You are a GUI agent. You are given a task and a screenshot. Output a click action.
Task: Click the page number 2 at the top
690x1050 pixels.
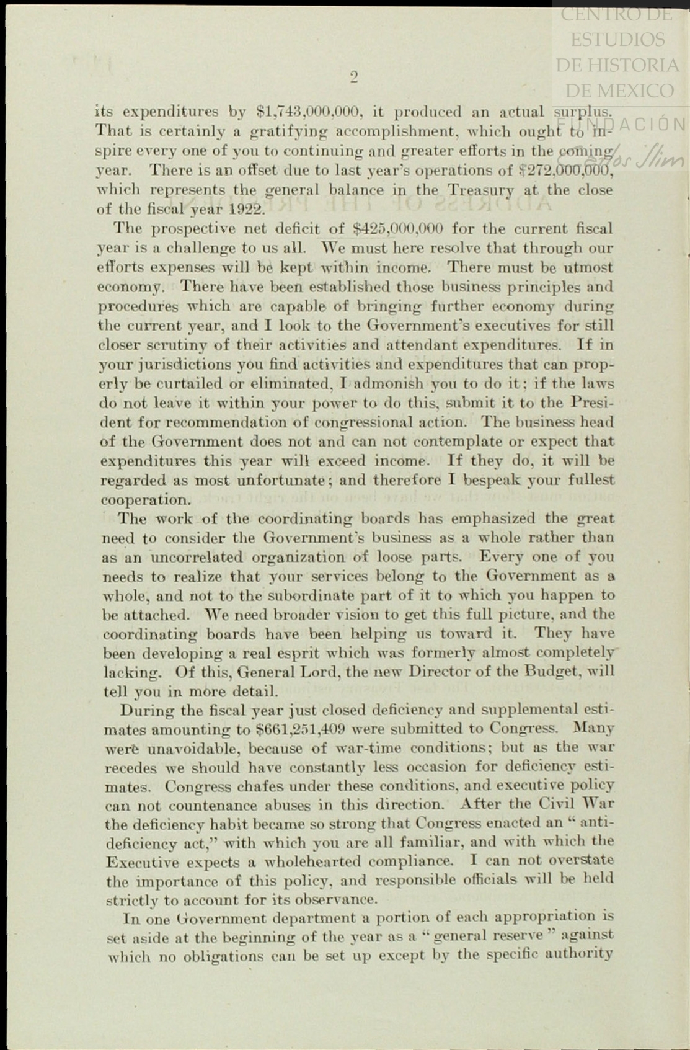tap(354, 77)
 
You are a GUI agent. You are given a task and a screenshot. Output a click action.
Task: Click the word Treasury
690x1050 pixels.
tap(481, 190)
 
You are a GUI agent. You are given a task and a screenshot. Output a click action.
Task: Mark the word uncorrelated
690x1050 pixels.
tap(183, 557)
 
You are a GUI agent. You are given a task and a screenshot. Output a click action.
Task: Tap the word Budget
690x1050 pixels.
tap(555, 671)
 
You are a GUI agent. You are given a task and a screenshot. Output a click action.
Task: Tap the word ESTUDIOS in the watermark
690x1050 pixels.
tap(617, 39)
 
